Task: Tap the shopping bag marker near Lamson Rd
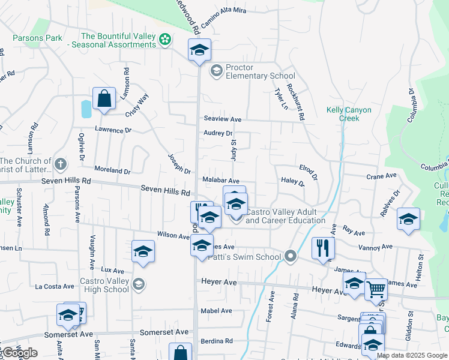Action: pyautogui.click(x=104, y=100)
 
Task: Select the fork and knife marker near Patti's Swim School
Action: pyautogui.click(x=323, y=248)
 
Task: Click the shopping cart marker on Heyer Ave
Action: pyautogui.click(x=376, y=290)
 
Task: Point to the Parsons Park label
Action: pyautogui.click(x=37, y=38)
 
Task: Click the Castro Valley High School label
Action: pyautogui.click(x=104, y=285)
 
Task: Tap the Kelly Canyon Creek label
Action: pyautogui.click(x=349, y=114)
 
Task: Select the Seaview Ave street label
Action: pyautogui.click(x=222, y=119)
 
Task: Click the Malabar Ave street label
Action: pyautogui.click(x=221, y=181)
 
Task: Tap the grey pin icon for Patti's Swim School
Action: pyautogui.click(x=291, y=257)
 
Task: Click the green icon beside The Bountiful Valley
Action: pyautogui.click(x=165, y=40)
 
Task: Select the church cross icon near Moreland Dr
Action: pyautogui.click(x=60, y=164)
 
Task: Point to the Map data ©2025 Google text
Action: pyautogui.click(x=412, y=355)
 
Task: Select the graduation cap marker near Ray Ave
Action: pyautogui.click(x=408, y=220)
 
